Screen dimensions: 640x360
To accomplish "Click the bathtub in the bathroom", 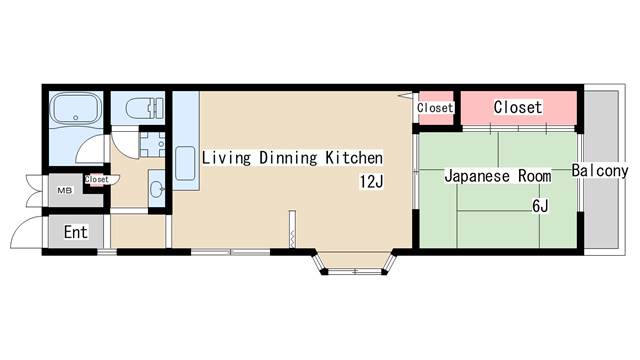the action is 76,108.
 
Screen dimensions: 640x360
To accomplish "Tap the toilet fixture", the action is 144,108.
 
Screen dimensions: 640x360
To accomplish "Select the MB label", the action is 64,190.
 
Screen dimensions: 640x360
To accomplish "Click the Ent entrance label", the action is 76,232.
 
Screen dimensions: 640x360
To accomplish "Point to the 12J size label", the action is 371,182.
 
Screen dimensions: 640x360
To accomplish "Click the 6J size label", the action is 540,206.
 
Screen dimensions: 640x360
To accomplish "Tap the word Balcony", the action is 600,171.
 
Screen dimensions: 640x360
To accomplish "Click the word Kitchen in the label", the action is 354,158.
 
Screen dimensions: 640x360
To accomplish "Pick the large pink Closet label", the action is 518,107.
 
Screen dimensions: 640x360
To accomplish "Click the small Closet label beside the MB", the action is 97,179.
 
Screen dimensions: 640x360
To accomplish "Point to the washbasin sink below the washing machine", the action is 157,189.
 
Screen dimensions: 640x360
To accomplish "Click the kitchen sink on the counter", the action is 185,163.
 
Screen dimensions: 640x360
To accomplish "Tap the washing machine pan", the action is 152,144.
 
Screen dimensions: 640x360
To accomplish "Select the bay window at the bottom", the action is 354,262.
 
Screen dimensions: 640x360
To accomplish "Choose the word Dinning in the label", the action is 288,158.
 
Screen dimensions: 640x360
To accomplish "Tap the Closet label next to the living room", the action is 435,108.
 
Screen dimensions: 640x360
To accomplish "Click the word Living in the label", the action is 226,158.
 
